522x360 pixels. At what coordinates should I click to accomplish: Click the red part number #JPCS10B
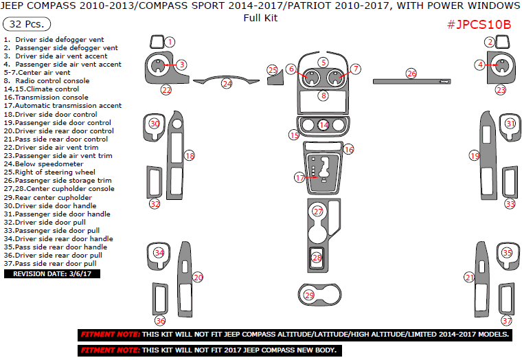tap(479, 24)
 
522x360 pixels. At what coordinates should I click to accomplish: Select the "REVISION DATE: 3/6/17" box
tap(52, 273)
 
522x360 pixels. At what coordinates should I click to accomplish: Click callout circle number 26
tap(411, 74)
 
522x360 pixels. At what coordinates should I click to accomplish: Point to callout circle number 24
tap(227, 84)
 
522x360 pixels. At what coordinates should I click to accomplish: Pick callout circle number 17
tap(299, 177)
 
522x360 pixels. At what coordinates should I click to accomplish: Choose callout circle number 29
tap(309, 295)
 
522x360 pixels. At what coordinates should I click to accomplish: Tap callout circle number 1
tap(170, 43)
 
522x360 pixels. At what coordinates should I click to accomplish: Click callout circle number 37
tap(506, 320)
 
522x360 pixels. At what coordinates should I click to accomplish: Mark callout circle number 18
tap(190, 156)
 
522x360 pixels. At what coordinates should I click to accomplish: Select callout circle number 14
tap(323, 125)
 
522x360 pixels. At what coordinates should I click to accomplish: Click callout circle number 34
tap(159, 253)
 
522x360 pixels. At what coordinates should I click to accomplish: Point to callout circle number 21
tap(470, 278)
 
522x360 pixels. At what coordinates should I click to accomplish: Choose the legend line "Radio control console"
tap(45, 81)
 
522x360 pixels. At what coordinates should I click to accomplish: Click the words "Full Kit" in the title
tap(260, 18)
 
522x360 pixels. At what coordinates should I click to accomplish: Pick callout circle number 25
tap(273, 70)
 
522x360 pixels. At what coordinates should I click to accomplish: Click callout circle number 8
tap(323, 95)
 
